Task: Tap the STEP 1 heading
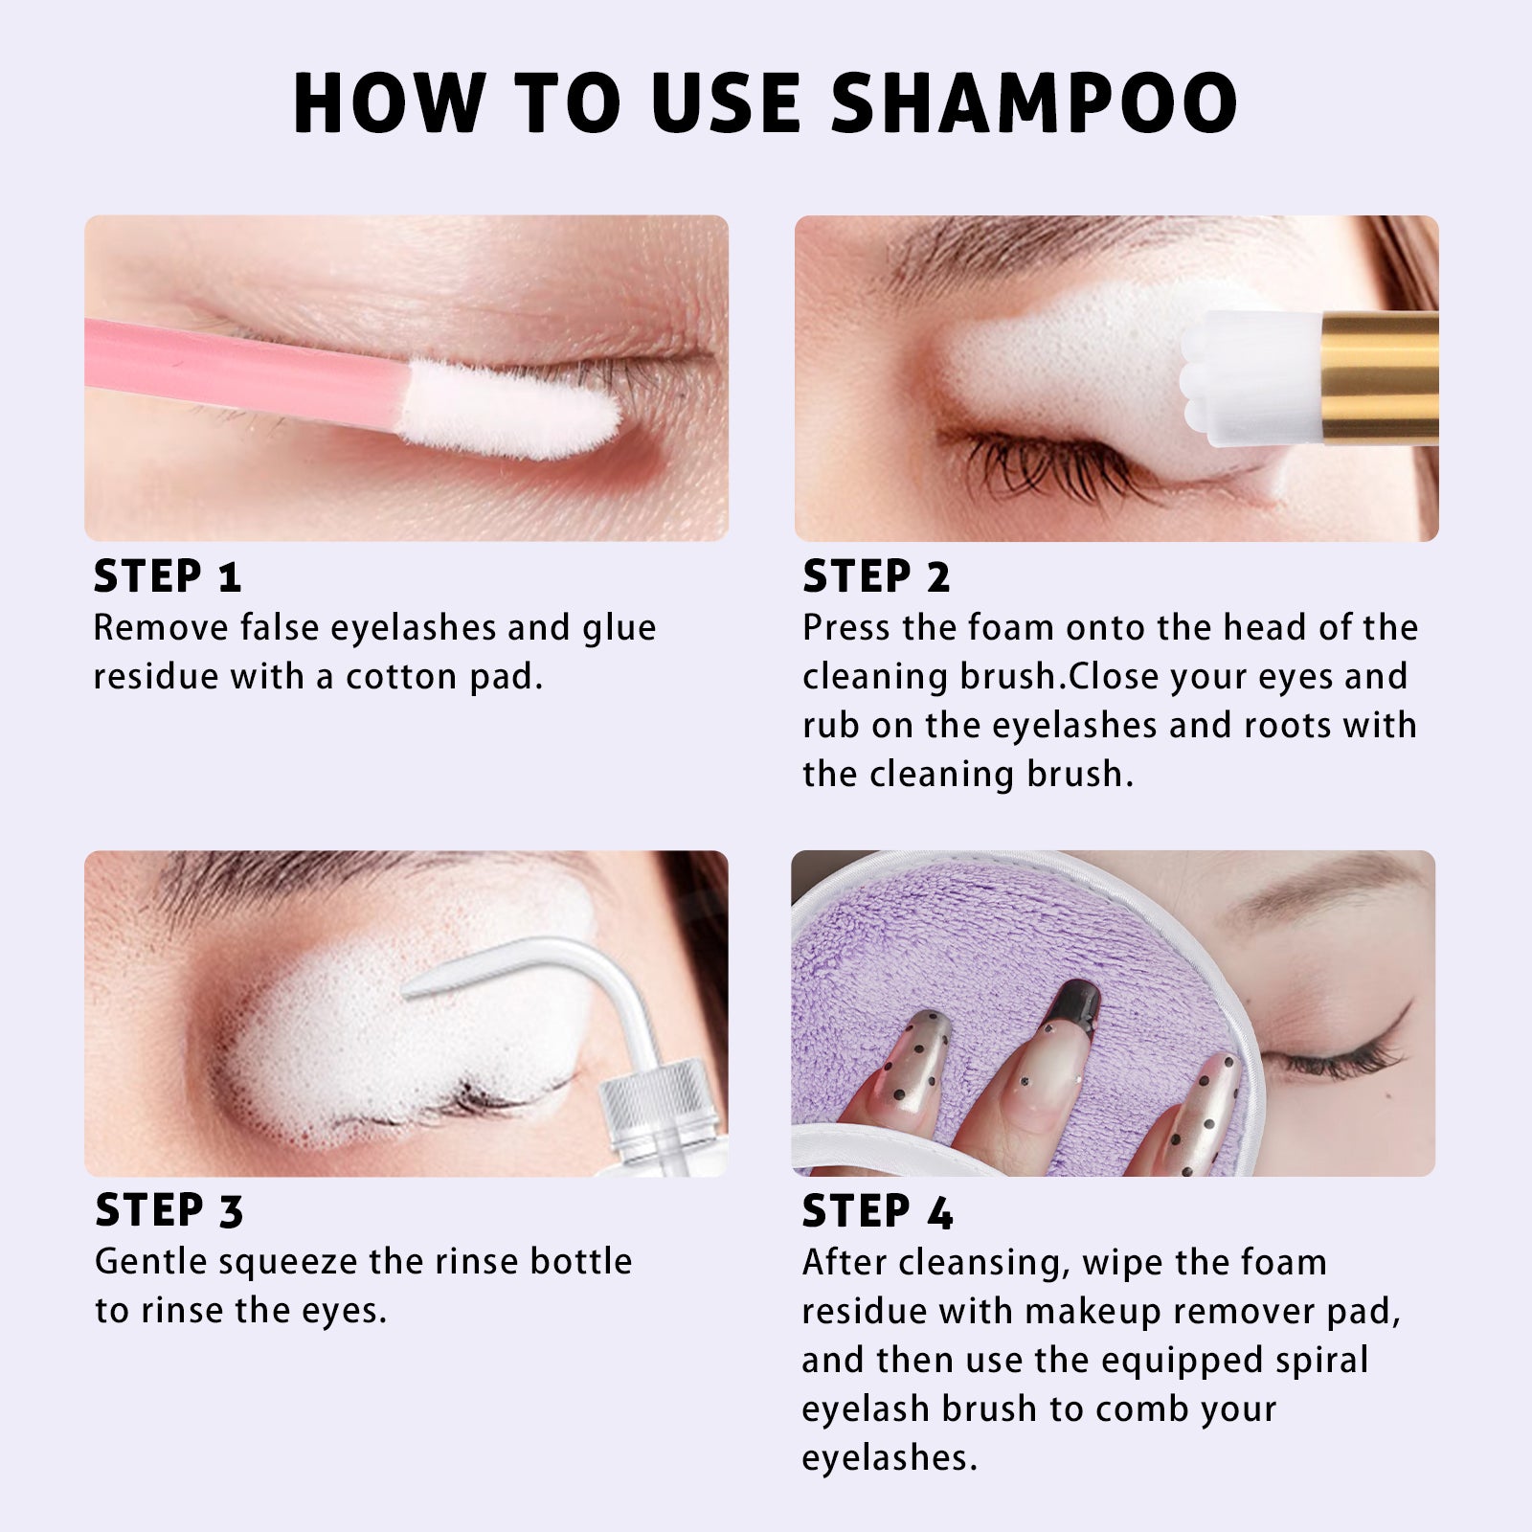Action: click(168, 576)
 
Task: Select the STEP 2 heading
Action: click(876, 576)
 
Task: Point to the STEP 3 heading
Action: click(169, 1211)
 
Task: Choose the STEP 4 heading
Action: click(878, 1211)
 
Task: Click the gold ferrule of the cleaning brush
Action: click(1379, 378)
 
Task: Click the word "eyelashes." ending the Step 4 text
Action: click(890, 1458)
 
